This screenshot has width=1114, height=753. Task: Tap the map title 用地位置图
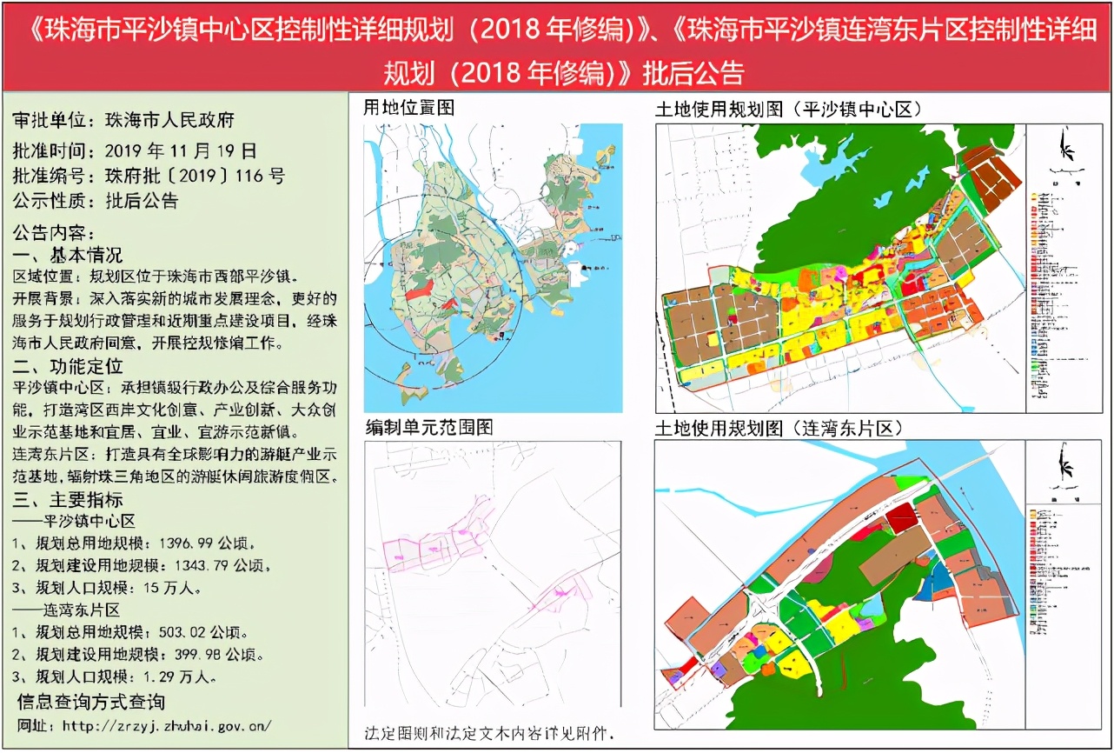408,108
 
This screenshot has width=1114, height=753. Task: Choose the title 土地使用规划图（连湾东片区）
779,428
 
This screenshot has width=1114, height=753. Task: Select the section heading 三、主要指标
70,500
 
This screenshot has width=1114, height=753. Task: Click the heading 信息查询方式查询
91,701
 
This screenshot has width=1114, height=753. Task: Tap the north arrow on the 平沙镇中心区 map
1067,148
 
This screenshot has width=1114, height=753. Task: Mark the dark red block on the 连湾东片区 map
901,517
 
